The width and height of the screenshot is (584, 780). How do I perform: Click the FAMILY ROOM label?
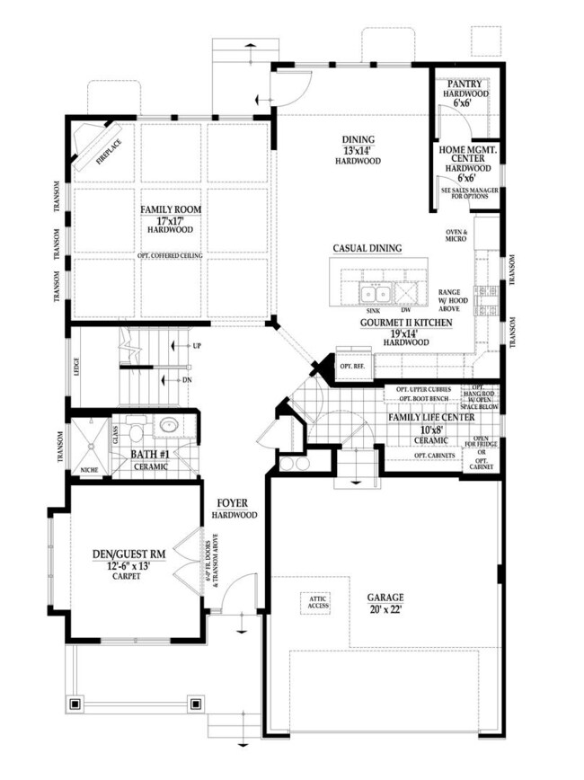point(171,210)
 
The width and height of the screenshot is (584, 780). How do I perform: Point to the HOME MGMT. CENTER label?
point(468,154)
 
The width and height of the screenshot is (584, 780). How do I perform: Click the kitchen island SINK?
point(373,293)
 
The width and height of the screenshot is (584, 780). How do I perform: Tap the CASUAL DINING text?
point(367,248)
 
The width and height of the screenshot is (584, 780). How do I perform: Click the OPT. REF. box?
point(350,351)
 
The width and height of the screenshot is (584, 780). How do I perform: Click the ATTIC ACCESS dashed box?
point(319,603)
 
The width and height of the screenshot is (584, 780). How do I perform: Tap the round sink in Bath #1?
point(168,426)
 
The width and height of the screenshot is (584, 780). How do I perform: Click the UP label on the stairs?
point(196,346)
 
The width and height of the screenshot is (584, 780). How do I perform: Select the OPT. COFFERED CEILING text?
point(171,255)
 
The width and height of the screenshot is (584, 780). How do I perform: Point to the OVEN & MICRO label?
point(459,236)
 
